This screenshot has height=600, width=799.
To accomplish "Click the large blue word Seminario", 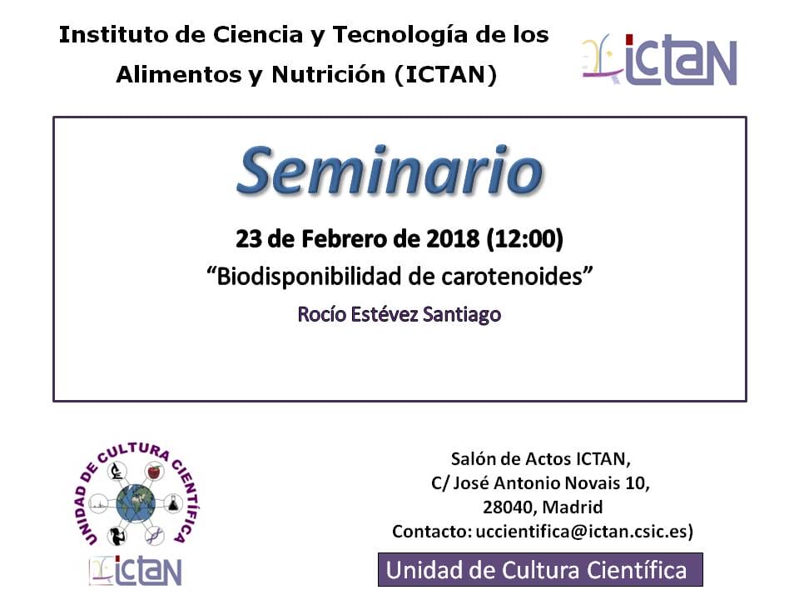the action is (390, 172).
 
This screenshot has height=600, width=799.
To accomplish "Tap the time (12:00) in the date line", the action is (525, 239).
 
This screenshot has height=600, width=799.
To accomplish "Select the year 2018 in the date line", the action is (453, 239).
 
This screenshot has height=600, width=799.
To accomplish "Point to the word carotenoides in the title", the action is (512, 277).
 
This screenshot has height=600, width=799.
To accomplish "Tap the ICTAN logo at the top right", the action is (659, 60).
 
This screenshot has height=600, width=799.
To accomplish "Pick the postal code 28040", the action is (509, 507).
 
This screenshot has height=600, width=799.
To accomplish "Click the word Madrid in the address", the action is (573, 507).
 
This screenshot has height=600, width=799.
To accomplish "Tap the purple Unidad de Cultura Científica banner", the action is (540, 570).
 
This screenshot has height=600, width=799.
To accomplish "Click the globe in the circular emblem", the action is (136, 503).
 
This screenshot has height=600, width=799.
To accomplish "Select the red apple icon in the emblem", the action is (154, 472).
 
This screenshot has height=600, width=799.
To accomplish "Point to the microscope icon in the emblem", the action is (117, 470).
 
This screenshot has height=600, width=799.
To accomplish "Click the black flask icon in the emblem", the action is (173, 503).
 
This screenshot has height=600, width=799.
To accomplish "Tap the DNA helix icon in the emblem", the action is (154, 536).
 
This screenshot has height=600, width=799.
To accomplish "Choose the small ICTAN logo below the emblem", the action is (136, 570).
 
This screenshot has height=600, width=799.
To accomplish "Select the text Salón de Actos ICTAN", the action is (541, 459).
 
